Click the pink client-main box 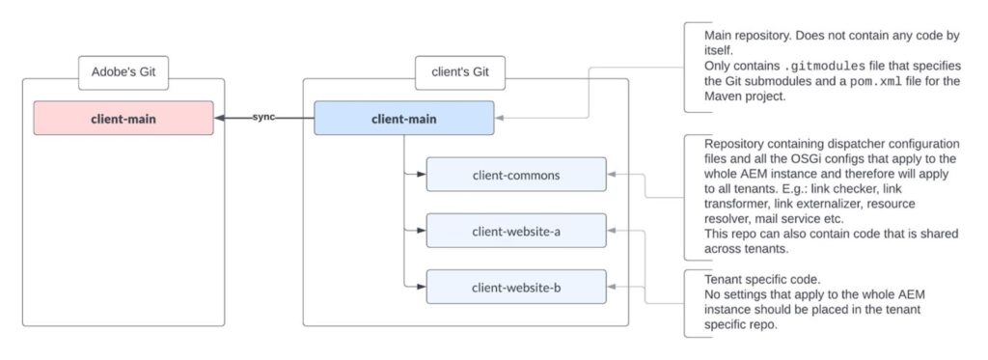[x=123, y=119]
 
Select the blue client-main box [x=403, y=119]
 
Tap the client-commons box [x=515, y=175]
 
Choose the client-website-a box [x=515, y=231]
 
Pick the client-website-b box [x=515, y=287]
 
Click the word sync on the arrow [x=263, y=117]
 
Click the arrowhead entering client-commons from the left [x=421, y=175]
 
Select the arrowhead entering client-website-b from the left [x=421, y=287]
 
